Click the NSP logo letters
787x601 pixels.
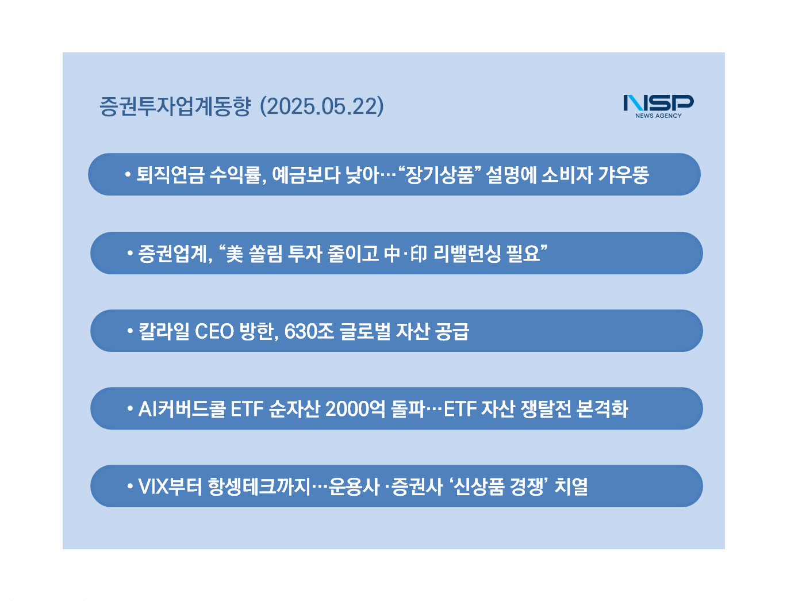click(x=658, y=103)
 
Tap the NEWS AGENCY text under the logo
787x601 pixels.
click(x=658, y=116)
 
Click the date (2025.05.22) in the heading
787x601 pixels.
click(x=321, y=106)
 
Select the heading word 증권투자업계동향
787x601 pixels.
click(x=175, y=106)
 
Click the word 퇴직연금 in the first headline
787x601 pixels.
click(x=170, y=175)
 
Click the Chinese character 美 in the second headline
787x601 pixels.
click(x=235, y=254)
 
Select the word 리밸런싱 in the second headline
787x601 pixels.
click(x=466, y=254)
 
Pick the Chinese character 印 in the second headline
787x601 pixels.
click(x=419, y=254)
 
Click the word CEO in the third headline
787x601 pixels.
click(x=214, y=331)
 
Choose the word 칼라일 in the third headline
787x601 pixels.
click(x=164, y=331)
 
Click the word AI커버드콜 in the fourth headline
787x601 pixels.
click(x=182, y=409)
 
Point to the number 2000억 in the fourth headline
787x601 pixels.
click(x=355, y=409)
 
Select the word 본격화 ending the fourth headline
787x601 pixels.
click(x=602, y=409)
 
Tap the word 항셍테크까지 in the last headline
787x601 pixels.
click(x=259, y=487)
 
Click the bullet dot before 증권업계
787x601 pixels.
click(x=130, y=253)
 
